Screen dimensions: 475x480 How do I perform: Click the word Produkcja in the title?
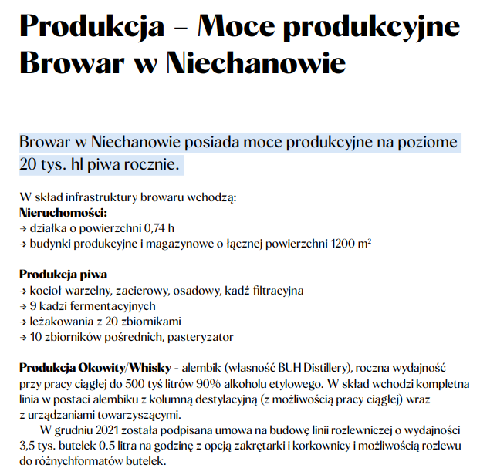pyautogui.click(x=92, y=28)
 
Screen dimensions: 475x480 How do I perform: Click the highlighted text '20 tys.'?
pyautogui.click(x=46, y=164)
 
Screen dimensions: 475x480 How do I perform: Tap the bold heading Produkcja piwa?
pyautogui.click(x=63, y=275)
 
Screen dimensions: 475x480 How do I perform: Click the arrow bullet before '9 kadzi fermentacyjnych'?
pyautogui.click(x=23, y=306)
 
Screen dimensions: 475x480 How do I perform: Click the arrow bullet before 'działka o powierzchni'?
pyautogui.click(x=23, y=228)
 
